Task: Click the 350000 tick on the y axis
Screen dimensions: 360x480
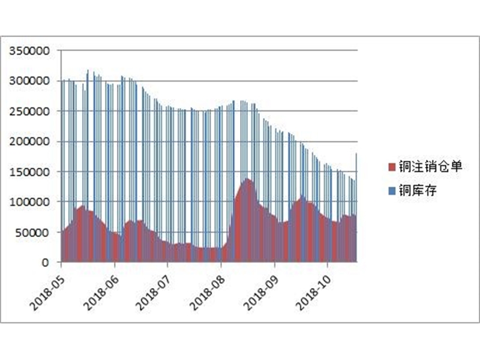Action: (28, 50)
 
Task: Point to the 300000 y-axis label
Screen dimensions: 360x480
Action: (28, 81)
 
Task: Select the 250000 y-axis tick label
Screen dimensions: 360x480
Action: (28, 111)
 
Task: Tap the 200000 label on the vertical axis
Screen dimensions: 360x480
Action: (28, 142)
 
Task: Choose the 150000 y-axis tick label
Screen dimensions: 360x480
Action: (28, 172)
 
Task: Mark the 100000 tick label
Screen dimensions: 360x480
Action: (28, 202)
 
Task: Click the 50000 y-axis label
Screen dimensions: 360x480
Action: (31, 232)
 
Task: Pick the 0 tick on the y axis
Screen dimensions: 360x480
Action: (45, 262)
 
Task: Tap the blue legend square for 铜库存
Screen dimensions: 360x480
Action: (392, 191)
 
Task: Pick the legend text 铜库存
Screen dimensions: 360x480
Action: (417, 191)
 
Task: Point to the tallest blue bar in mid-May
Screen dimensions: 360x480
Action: (88, 71)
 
